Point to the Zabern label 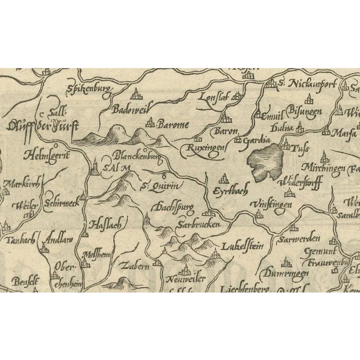134,265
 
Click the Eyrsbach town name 232,191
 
